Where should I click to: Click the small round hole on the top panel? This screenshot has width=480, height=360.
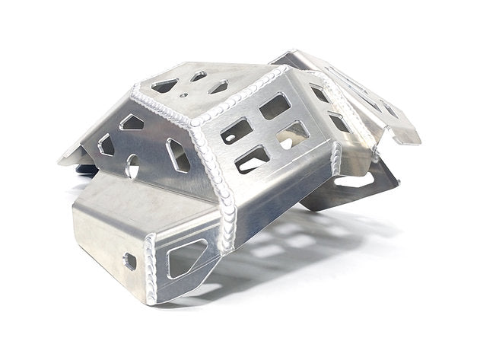tap(183, 96)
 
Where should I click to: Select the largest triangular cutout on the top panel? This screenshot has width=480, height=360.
tap(165, 87)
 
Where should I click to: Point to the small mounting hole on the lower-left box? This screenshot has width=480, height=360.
tap(130, 261)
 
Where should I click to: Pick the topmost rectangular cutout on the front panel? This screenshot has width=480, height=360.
tap(274, 106)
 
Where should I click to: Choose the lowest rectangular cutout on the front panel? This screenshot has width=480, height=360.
tap(252, 159)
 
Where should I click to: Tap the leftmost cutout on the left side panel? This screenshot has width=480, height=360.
tap(106, 145)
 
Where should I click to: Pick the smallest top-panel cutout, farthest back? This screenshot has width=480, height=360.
tap(199, 76)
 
